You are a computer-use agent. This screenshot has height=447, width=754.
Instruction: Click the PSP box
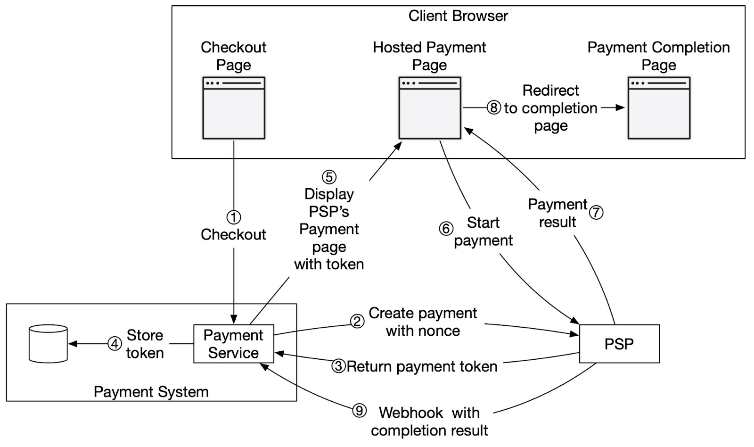pyautogui.click(x=619, y=344)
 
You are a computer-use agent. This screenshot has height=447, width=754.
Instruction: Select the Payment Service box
pyautogui.click(x=233, y=344)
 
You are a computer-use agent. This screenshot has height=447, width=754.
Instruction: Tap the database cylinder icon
pyautogui.click(x=48, y=344)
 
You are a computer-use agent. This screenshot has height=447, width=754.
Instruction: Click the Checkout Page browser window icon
pyautogui.click(x=234, y=108)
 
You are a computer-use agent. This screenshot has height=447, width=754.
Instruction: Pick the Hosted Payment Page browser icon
pyautogui.click(x=430, y=108)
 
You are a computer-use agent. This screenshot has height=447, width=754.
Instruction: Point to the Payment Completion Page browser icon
pyautogui.click(x=659, y=108)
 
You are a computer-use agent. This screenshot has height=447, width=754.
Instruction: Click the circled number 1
pyautogui.click(x=234, y=217)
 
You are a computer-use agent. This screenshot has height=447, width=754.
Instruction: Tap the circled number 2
pyautogui.click(x=357, y=321)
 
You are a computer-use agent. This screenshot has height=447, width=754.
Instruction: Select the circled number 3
pyautogui.click(x=338, y=366)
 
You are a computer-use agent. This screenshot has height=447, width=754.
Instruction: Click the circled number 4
pyautogui.click(x=115, y=344)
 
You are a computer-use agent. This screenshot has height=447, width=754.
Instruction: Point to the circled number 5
pyautogui.click(x=329, y=177)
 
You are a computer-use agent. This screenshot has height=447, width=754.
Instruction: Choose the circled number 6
pyautogui.click(x=446, y=229)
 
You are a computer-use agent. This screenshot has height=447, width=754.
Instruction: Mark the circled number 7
pyautogui.click(x=596, y=212)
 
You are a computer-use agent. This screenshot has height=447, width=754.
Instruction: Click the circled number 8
pyautogui.click(x=493, y=108)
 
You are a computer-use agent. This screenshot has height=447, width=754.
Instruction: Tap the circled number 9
pyautogui.click(x=359, y=411)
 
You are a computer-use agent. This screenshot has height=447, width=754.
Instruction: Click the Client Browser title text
pyautogui.click(x=458, y=16)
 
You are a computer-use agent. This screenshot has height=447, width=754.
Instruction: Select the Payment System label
pyautogui.click(x=151, y=392)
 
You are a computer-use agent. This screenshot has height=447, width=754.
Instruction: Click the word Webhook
pyautogui.click(x=410, y=413)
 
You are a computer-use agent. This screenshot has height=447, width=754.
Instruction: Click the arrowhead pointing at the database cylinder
pyautogui.click(x=73, y=344)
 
